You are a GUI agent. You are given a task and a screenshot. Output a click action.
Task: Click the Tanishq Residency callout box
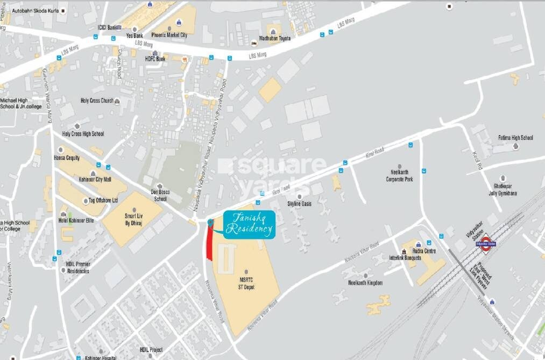[x=249, y=225]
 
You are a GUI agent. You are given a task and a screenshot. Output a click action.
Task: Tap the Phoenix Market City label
[x=169, y=35]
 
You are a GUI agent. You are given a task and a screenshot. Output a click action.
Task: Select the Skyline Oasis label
[x=299, y=204]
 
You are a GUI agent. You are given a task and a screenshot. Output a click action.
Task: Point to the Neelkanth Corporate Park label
[x=399, y=175]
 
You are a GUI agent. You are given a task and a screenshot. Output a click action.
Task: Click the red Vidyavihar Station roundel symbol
[x=486, y=243]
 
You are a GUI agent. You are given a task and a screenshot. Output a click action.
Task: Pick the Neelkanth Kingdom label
[x=365, y=283]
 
